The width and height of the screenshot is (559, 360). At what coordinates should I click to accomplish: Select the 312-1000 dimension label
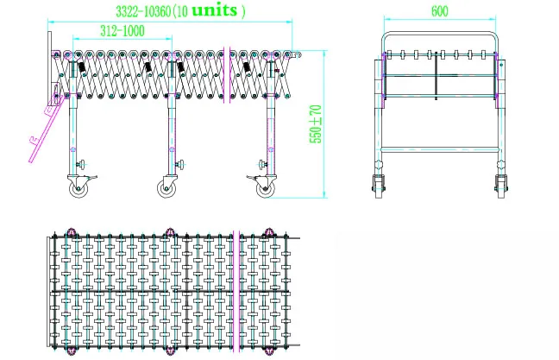[x=121, y=30]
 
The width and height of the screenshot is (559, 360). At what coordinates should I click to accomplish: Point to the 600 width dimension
[x=439, y=12]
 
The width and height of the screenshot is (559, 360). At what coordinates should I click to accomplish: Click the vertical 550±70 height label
[x=316, y=124]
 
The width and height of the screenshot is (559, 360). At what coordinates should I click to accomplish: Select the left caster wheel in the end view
[x=377, y=185]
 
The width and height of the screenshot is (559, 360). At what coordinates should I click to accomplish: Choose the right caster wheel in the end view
[x=501, y=185]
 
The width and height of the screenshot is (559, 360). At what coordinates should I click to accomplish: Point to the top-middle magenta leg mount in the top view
[x=169, y=233]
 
